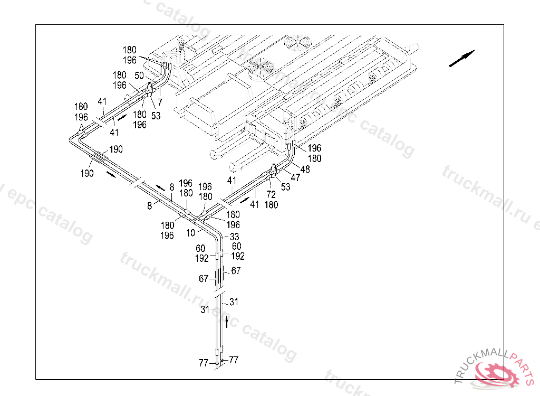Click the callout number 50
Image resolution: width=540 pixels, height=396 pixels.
point(139,76)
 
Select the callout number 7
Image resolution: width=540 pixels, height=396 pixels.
point(160,102)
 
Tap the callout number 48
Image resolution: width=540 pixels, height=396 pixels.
point(305,169)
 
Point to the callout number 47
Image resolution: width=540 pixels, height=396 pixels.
point(295,177)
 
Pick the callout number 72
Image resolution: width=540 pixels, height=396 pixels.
point(271,195)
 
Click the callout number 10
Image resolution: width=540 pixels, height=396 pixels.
point(191,233)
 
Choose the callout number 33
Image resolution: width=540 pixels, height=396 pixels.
point(235,237)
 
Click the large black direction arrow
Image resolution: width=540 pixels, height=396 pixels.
point(462,58)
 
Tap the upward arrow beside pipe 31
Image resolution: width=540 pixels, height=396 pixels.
point(227,322)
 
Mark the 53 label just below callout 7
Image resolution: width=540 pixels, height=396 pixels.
point(156,116)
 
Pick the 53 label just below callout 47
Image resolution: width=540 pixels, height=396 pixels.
point(285,187)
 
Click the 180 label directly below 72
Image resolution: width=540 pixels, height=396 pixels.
point(271,205)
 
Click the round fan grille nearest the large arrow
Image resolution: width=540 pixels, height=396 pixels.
point(298,42)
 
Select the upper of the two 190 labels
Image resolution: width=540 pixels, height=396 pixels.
point(116,149)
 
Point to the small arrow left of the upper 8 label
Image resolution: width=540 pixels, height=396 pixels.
point(160,187)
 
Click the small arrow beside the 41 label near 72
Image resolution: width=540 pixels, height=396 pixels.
point(245,200)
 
